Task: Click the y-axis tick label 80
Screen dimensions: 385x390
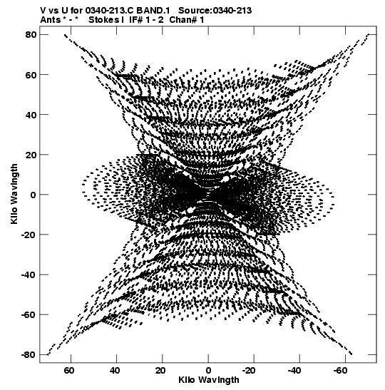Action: (x=31, y=34)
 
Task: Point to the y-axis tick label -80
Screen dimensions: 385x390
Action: (x=29, y=354)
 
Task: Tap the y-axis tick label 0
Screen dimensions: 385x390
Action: (x=33, y=195)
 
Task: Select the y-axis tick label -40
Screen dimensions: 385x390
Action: (x=29, y=274)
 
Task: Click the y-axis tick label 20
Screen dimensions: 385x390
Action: (x=31, y=155)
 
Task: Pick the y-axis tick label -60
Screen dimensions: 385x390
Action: (x=29, y=314)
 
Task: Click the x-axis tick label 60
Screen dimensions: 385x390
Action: (x=69, y=371)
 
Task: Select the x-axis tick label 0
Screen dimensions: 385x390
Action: (x=208, y=371)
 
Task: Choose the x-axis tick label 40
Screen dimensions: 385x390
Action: (x=115, y=371)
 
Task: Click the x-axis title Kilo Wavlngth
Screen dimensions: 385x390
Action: (x=209, y=380)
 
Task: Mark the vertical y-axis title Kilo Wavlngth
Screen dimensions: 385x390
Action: (x=14, y=194)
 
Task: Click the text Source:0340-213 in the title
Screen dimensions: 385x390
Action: (x=215, y=11)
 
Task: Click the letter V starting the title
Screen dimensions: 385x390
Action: (x=43, y=11)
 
